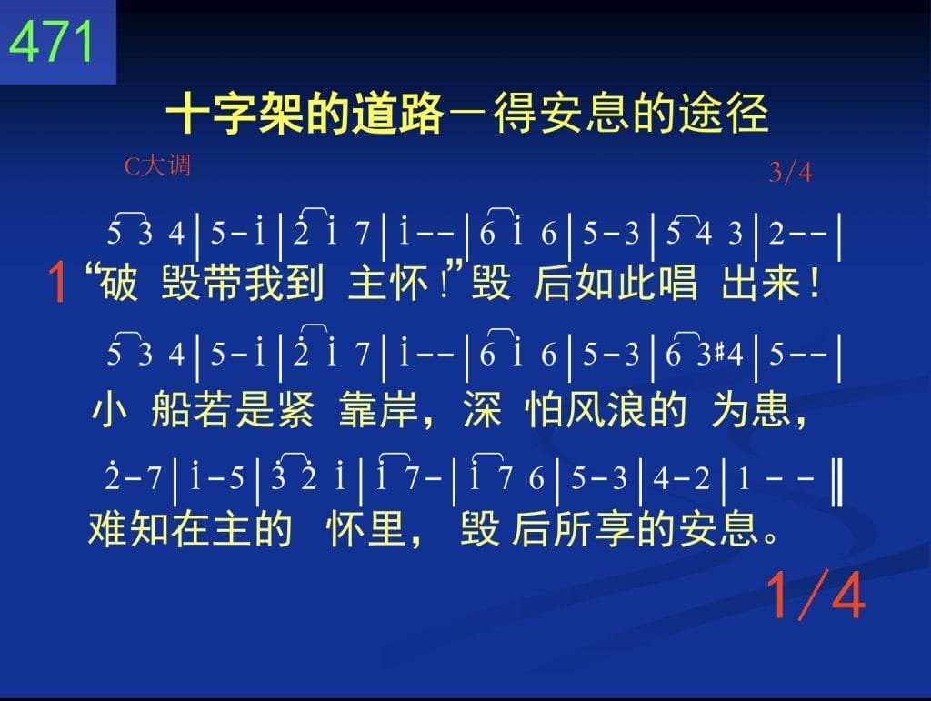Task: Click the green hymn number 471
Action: [x=51, y=42]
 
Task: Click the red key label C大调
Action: [x=157, y=165]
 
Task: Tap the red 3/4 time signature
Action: [x=790, y=172]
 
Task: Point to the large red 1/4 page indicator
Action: [x=815, y=596]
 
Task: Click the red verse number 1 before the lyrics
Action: [x=57, y=283]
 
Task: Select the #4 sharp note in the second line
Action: [x=728, y=354]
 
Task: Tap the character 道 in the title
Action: [x=375, y=113]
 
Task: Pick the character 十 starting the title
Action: [x=187, y=113]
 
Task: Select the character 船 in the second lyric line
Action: [x=171, y=409]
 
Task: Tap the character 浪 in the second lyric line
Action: [x=624, y=409]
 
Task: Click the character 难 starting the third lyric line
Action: [x=108, y=529]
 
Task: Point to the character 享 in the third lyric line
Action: [x=615, y=529]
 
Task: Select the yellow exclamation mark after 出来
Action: [x=814, y=283]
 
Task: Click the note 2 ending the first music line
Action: [x=776, y=234]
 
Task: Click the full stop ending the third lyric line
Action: [x=771, y=537]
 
